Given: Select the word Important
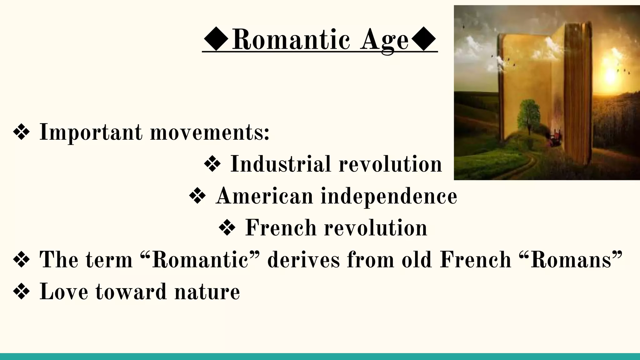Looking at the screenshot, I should (x=91, y=133).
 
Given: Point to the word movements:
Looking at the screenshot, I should (x=210, y=133).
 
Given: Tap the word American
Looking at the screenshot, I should (x=264, y=196).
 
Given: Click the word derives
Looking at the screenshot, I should (x=303, y=260).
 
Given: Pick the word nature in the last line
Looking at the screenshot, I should (x=207, y=292).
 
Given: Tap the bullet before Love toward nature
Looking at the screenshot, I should (x=22, y=292).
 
